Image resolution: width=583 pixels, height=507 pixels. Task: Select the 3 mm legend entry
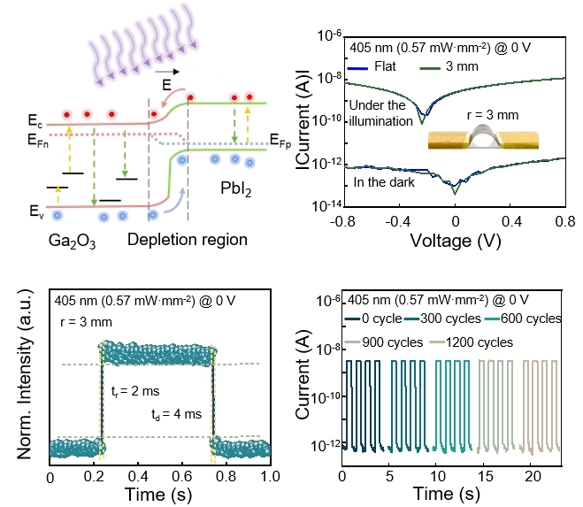471,66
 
